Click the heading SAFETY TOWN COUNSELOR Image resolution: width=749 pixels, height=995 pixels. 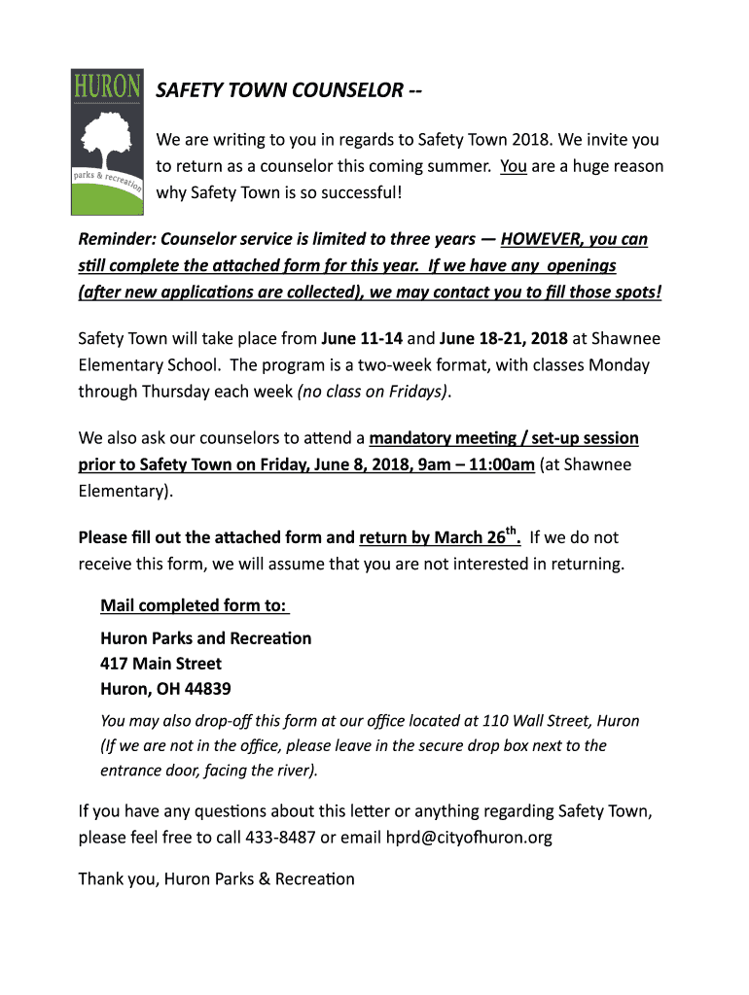point(289,90)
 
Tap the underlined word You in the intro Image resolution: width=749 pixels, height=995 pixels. point(514,166)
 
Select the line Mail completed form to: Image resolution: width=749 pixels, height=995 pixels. point(195,606)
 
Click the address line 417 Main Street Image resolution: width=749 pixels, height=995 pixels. point(161,664)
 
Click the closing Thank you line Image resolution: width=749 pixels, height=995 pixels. point(216,879)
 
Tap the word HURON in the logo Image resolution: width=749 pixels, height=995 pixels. point(107,86)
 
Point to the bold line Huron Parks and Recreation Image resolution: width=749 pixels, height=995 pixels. point(206,638)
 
